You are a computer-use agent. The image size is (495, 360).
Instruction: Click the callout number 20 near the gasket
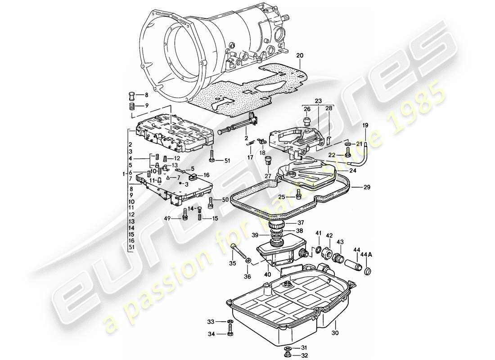(300, 55)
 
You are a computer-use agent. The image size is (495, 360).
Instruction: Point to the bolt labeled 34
(229, 334)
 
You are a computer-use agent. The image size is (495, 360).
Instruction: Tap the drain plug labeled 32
(287, 355)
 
